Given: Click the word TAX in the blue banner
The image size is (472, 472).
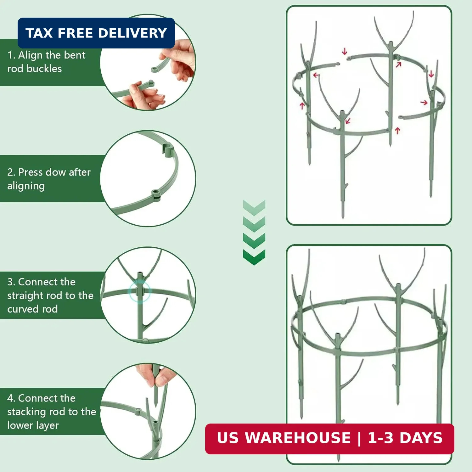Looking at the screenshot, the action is pyautogui.click(x=39, y=33).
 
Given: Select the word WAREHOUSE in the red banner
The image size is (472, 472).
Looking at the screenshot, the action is pyautogui.click(x=298, y=438).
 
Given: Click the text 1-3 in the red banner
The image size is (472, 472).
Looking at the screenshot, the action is pyautogui.click(x=380, y=438).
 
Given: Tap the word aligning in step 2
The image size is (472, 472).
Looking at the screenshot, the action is pyautogui.click(x=26, y=186).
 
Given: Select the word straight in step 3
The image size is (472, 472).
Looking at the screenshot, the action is pyautogui.click(x=25, y=296).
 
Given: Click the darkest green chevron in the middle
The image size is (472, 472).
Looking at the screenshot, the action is pyautogui.click(x=254, y=257).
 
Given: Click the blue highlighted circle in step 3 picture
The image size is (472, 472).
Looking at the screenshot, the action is pyautogui.click(x=140, y=291).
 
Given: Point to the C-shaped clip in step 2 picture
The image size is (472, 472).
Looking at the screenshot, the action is pyautogui.click(x=168, y=150).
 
